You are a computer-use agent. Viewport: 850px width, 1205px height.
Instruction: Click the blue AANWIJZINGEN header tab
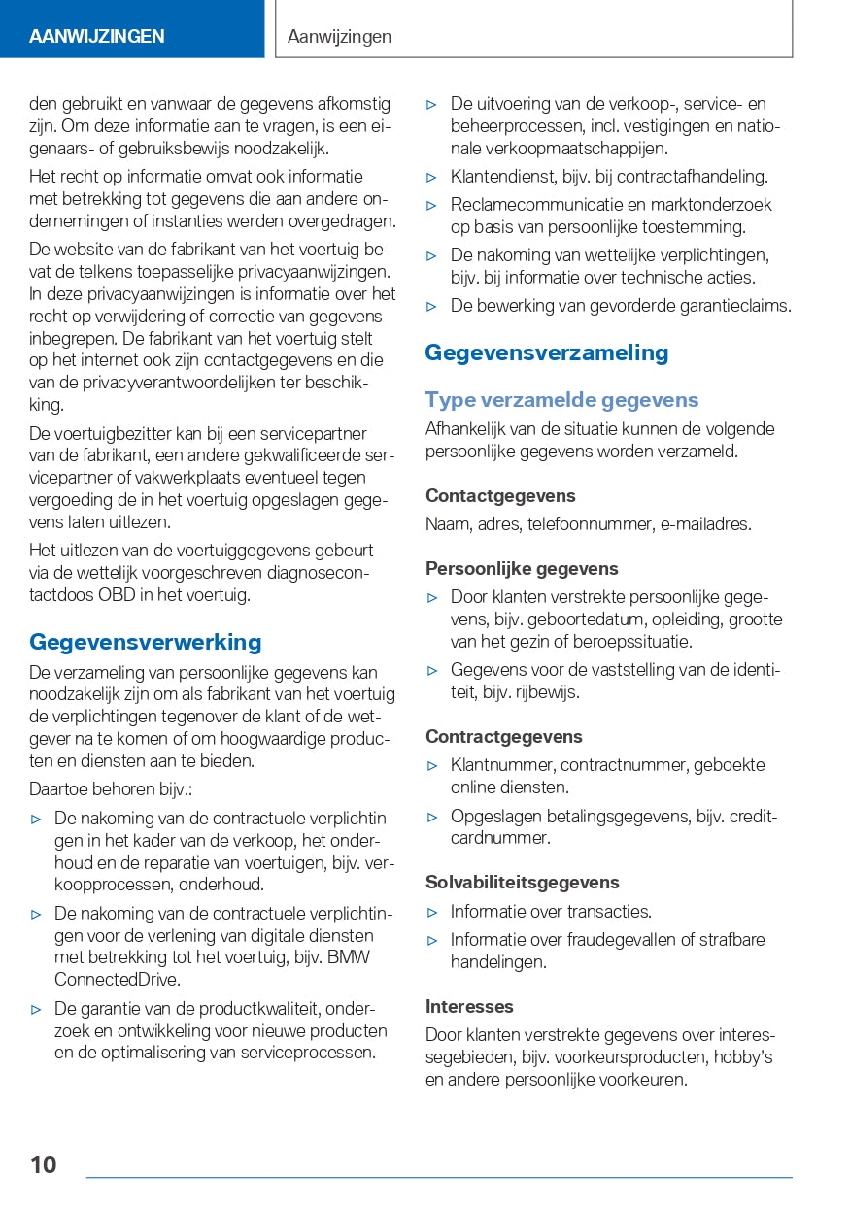pyautogui.click(x=97, y=37)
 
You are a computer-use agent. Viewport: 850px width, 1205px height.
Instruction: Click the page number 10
pyautogui.click(x=43, y=1164)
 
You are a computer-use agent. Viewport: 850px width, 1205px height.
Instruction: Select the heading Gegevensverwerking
pyautogui.click(x=146, y=642)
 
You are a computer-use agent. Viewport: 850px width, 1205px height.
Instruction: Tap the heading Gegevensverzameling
pyautogui.click(x=547, y=352)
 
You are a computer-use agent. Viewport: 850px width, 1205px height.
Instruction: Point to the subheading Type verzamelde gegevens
pyautogui.click(x=561, y=400)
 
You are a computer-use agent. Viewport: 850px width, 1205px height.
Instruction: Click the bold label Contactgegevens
pyautogui.click(x=500, y=496)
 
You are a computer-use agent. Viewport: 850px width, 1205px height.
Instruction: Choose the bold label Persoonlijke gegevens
pyautogui.click(x=522, y=569)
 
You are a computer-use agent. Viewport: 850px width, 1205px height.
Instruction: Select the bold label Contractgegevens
pyautogui.click(x=504, y=737)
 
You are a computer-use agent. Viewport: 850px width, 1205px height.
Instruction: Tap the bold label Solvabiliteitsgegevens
pyautogui.click(x=523, y=883)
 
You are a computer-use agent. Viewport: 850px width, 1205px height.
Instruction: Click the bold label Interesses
pyautogui.click(x=469, y=1007)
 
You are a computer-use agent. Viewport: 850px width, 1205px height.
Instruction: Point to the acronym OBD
pyautogui.click(x=118, y=595)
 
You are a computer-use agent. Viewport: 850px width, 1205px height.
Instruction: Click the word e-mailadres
pyautogui.click(x=706, y=524)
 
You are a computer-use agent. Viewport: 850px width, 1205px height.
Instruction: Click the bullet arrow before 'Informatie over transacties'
pyautogui.click(x=433, y=913)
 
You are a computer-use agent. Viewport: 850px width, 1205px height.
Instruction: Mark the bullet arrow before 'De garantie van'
pyautogui.click(x=37, y=1010)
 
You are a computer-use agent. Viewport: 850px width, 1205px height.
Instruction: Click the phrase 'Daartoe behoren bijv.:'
pyautogui.click(x=111, y=790)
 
